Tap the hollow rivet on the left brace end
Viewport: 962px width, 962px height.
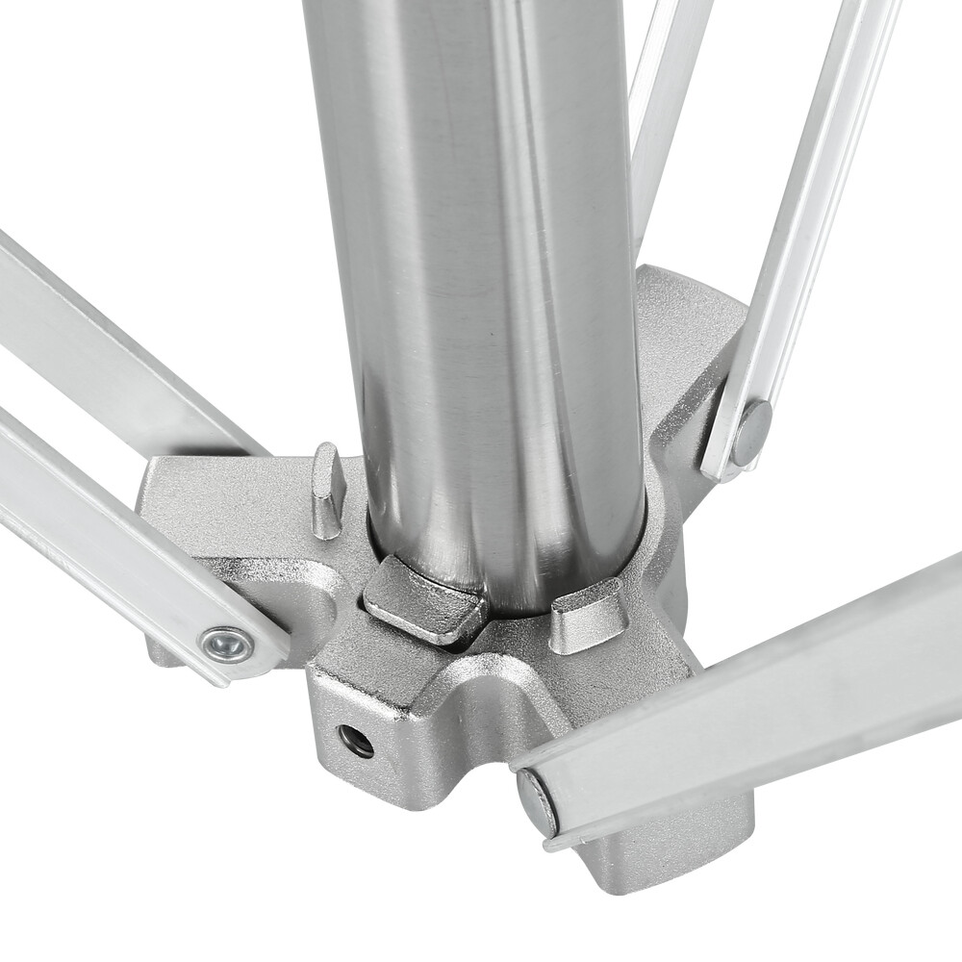(x=227, y=644)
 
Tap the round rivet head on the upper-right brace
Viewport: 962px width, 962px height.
(x=751, y=431)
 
